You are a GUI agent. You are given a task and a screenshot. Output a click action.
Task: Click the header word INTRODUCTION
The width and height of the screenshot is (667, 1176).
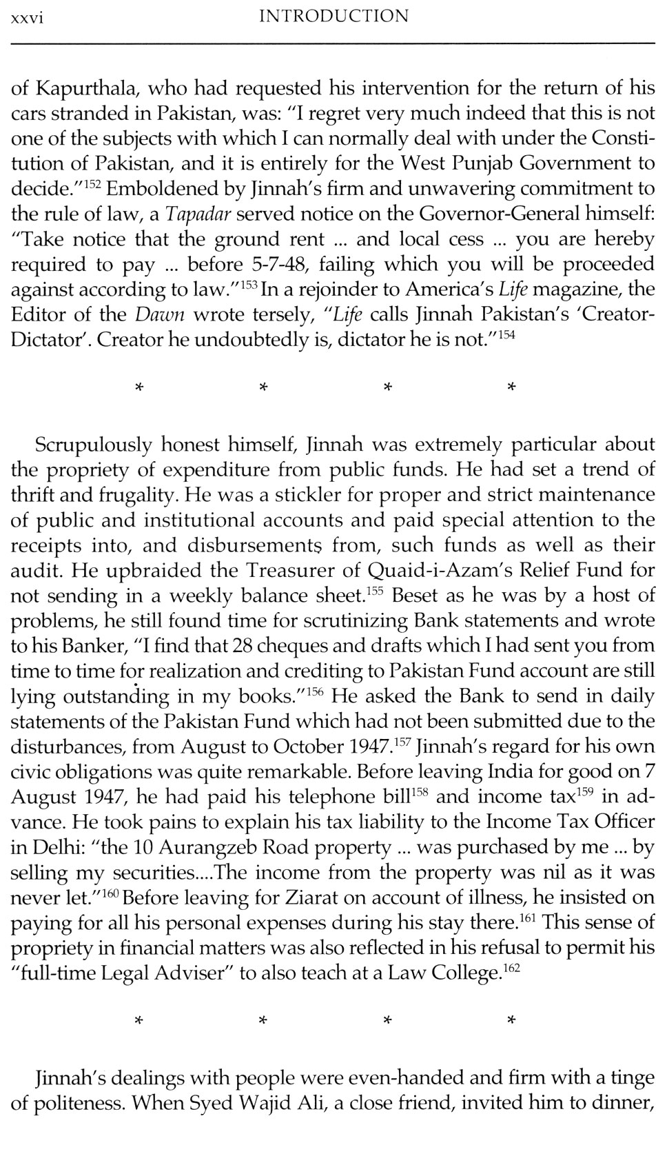tap(333, 16)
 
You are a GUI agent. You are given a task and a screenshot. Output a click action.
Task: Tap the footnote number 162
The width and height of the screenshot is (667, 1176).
tap(510, 969)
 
